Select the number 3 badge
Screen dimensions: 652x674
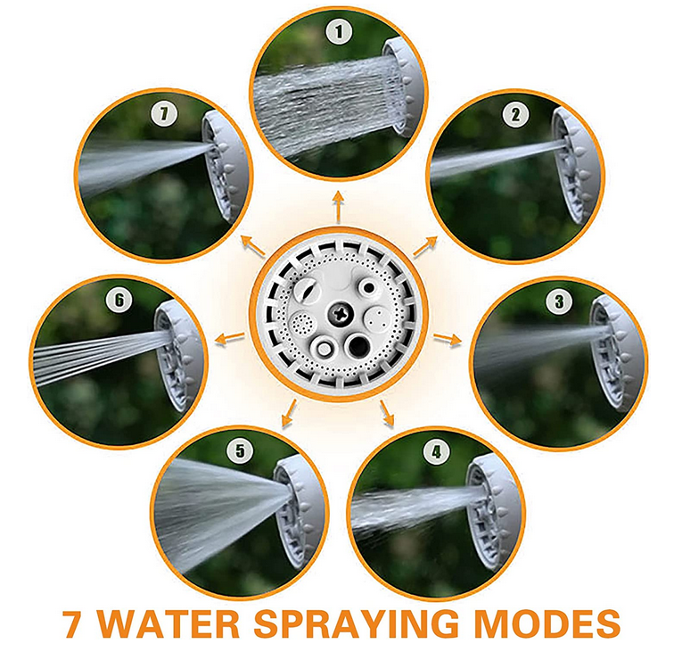click(558, 301)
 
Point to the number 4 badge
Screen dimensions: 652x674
click(434, 453)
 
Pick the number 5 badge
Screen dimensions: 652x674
click(236, 451)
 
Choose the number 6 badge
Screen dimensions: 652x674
click(119, 301)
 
